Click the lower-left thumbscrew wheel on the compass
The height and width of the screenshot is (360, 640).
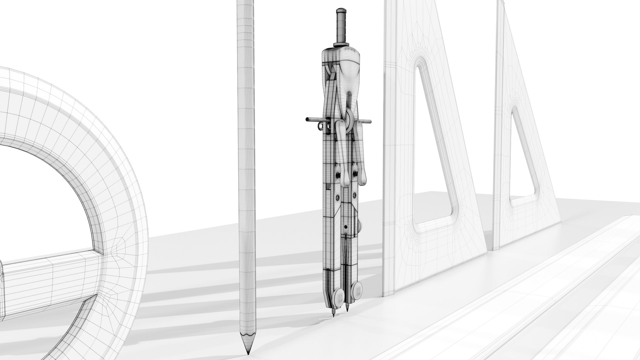tap(338, 287)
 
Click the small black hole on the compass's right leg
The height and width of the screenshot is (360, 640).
tap(346, 227)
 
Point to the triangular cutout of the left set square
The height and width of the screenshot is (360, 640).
tap(432, 147)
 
